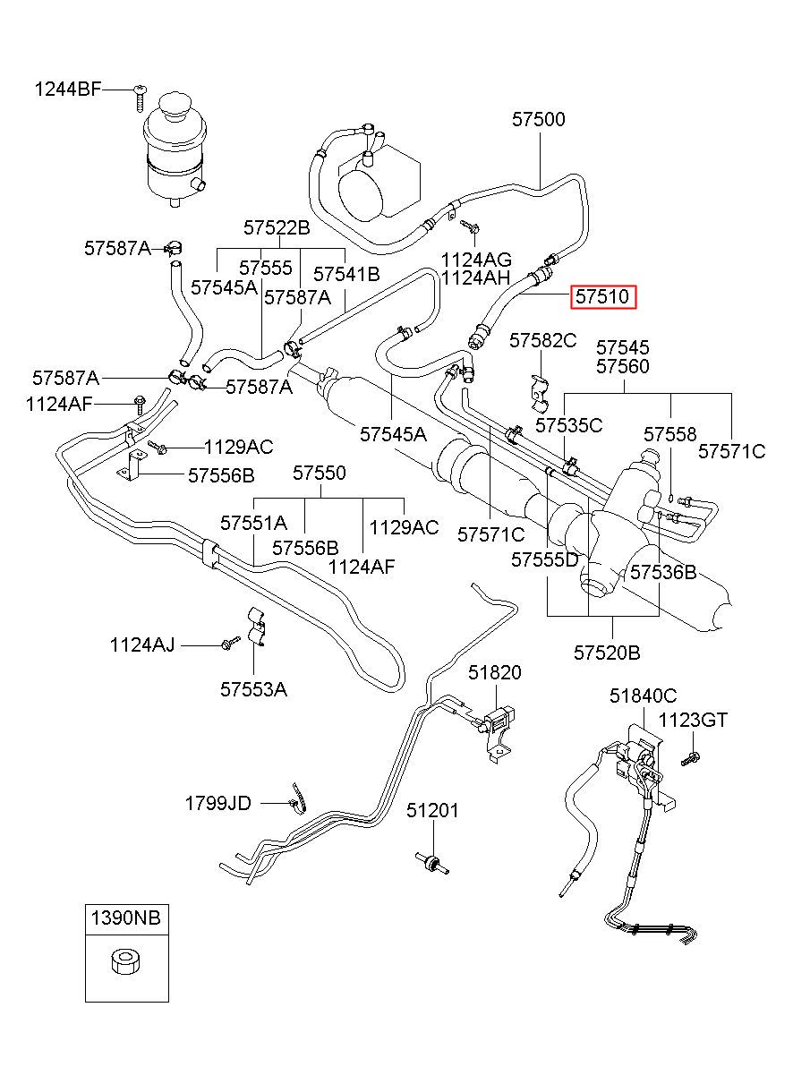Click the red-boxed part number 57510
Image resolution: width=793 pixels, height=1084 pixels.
pyautogui.click(x=603, y=296)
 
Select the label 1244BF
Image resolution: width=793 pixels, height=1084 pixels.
pyautogui.click(x=68, y=90)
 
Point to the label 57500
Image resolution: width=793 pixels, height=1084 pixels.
pyautogui.click(x=539, y=120)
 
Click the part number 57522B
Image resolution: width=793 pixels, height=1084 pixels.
pyautogui.click(x=277, y=227)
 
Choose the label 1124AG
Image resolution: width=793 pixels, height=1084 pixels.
pyautogui.click(x=476, y=260)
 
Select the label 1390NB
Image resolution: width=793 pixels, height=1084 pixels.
pyautogui.click(x=126, y=917)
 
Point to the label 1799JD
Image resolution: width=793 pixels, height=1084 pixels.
pyautogui.click(x=218, y=803)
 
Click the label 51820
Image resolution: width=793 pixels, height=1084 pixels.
pyautogui.click(x=495, y=672)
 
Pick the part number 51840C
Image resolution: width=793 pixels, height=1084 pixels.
pyautogui.click(x=643, y=696)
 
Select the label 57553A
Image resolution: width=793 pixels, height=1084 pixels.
pyautogui.click(x=253, y=689)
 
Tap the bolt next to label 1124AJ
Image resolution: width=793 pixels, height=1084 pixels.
pyautogui.click(x=230, y=642)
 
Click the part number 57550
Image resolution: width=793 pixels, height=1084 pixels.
pyautogui.click(x=320, y=473)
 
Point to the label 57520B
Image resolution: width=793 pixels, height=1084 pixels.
pyautogui.click(x=607, y=653)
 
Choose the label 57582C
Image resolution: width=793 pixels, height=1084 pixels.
pyautogui.click(x=543, y=341)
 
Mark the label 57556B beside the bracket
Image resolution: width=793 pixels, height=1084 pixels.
pyautogui.click(x=221, y=475)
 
